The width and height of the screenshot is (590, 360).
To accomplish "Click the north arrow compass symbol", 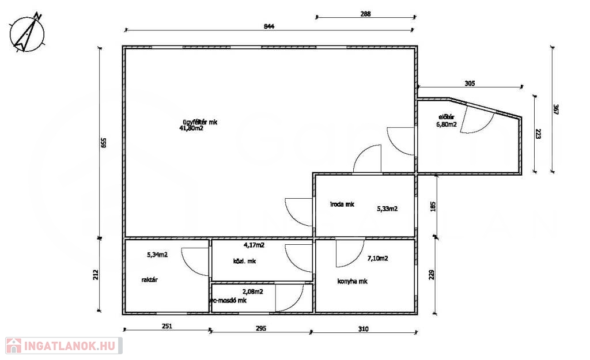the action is [27, 33].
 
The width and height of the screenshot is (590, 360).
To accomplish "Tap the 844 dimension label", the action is [269, 26].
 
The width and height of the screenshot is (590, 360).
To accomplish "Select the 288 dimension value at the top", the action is [365, 14].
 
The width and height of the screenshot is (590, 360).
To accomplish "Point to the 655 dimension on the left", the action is [104, 143].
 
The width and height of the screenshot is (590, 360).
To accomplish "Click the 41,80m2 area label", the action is [191, 128].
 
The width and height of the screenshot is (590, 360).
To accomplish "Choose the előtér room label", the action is [447, 118].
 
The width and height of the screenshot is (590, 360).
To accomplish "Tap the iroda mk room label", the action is [342, 204].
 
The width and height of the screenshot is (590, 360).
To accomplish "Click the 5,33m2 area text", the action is [387, 209].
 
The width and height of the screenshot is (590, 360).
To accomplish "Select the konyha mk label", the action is [352, 282].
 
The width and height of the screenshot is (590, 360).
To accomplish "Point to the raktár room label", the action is [149, 280].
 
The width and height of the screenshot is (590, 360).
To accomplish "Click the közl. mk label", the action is [244, 261].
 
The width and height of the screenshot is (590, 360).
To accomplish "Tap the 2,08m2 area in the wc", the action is [252, 291].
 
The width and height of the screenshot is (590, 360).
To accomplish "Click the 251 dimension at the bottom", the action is [167, 326].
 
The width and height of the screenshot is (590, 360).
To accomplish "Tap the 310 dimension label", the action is [363, 329].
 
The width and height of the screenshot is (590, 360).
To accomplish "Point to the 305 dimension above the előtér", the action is [470, 84].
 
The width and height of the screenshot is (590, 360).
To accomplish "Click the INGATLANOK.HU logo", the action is [63, 346].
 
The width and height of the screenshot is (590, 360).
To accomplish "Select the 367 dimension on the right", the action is [556, 109].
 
